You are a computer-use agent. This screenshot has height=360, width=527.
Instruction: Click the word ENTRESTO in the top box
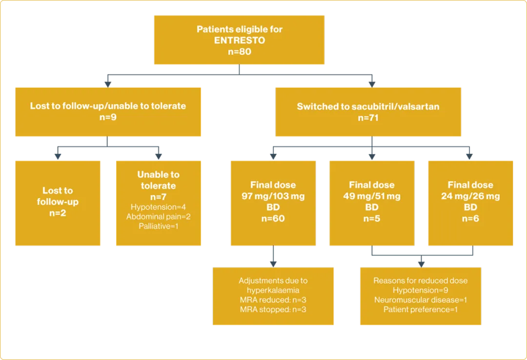(239, 40)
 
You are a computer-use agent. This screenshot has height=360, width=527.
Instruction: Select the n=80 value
(239, 51)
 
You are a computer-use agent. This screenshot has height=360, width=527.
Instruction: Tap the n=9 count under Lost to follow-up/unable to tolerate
(108, 117)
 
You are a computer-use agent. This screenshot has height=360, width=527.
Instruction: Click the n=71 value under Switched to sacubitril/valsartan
(368, 118)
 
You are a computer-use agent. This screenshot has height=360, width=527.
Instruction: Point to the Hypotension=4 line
(158, 207)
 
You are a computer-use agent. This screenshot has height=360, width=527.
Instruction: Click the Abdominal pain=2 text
(158, 217)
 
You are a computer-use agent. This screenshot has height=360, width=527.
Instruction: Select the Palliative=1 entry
(158, 226)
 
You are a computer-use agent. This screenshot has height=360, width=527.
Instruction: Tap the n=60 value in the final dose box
(273, 219)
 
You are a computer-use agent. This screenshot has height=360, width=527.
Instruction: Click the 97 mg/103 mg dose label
(273, 196)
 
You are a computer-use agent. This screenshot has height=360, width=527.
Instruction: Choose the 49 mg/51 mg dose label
(371, 196)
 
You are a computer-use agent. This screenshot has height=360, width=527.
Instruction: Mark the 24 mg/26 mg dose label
(470, 196)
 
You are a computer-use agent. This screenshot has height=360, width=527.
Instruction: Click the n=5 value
(371, 219)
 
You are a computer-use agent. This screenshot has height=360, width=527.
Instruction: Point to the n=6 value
(470, 219)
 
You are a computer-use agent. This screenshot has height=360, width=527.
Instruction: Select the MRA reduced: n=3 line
(273, 300)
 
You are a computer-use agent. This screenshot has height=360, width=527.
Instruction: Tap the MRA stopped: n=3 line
(273, 309)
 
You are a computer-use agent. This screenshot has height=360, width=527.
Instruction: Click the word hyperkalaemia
(273, 290)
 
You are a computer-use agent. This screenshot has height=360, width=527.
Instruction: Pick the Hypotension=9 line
(420, 290)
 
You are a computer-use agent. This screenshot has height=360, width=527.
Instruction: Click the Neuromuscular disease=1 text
(420, 300)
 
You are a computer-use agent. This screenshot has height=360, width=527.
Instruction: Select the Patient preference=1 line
(420, 309)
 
